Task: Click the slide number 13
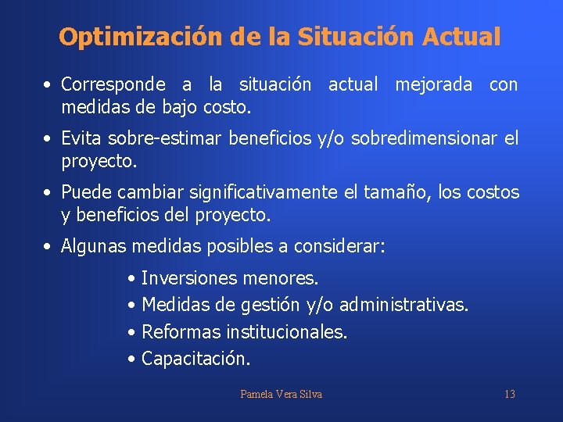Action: [x=509, y=394]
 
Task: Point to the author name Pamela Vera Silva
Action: [x=281, y=394]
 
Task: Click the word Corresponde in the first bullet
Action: [x=113, y=84]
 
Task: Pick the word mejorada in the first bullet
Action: [x=433, y=84]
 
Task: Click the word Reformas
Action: [x=181, y=332]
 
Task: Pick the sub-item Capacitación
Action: [x=196, y=359]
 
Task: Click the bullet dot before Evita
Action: [x=48, y=140]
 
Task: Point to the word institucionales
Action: [x=286, y=332]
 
